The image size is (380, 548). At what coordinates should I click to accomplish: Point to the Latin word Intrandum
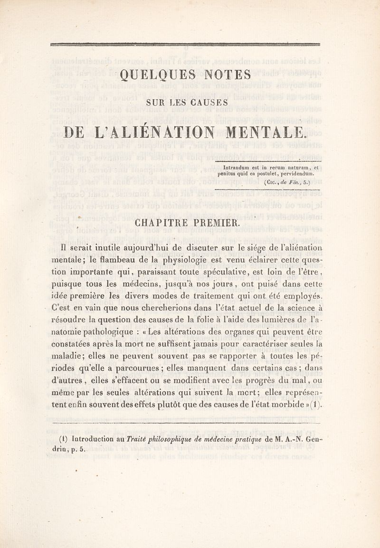pos(237,167)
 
